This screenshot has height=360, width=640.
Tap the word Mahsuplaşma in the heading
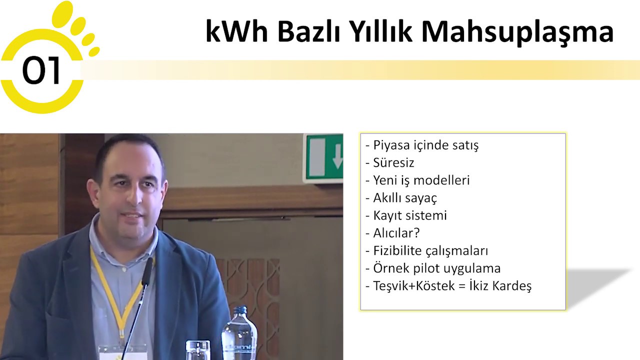(517, 32)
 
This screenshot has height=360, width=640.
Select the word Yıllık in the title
(381, 31)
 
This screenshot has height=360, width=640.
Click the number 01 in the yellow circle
(41, 70)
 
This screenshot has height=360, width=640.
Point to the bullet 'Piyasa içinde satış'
(422, 145)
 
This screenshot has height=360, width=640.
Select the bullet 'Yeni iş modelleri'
(417, 180)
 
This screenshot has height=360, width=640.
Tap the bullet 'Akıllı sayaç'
(401, 198)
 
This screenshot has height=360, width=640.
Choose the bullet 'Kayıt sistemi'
(406, 215)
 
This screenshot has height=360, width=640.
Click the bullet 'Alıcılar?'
(392, 233)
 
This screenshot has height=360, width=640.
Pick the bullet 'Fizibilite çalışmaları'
(427, 251)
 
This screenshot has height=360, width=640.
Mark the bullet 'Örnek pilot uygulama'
(433, 268)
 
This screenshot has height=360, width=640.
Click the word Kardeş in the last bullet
(511, 286)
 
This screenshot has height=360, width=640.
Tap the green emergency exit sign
(323, 158)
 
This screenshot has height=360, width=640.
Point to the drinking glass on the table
(198, 350)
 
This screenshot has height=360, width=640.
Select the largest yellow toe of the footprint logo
(62, 14)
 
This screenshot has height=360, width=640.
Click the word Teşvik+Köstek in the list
(414, 286)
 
